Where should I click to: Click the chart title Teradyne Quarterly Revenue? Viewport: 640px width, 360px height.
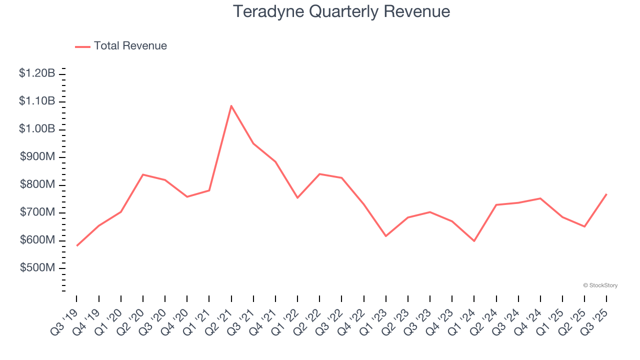[x=341, y=12]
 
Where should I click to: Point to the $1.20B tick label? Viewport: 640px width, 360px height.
[x=37, y=73]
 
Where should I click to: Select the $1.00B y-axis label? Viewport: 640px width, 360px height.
[x=37, y=129]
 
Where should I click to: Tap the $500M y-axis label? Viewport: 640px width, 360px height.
[x=37, y=268]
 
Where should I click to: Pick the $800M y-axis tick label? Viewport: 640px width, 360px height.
[x=37, y=184]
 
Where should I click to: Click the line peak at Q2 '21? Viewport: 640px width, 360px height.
[x=231, y=105]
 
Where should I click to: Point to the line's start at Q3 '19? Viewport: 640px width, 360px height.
[x=77, y=245]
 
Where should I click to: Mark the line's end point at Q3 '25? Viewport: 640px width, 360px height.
[x=606, y=194]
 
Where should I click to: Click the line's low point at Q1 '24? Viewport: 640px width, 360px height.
[x=474, y=241]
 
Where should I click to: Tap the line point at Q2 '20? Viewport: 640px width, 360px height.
[x=143, y=174]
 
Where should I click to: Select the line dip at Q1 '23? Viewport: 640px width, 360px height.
[x=386, y=236]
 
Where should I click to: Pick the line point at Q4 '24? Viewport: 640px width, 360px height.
[x=540, y=198]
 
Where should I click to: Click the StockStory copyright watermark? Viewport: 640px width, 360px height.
[x=600, y=285]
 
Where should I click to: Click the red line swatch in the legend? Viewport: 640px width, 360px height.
[x=82, y=46]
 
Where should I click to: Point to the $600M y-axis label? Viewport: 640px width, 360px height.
[x=37, y=240]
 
